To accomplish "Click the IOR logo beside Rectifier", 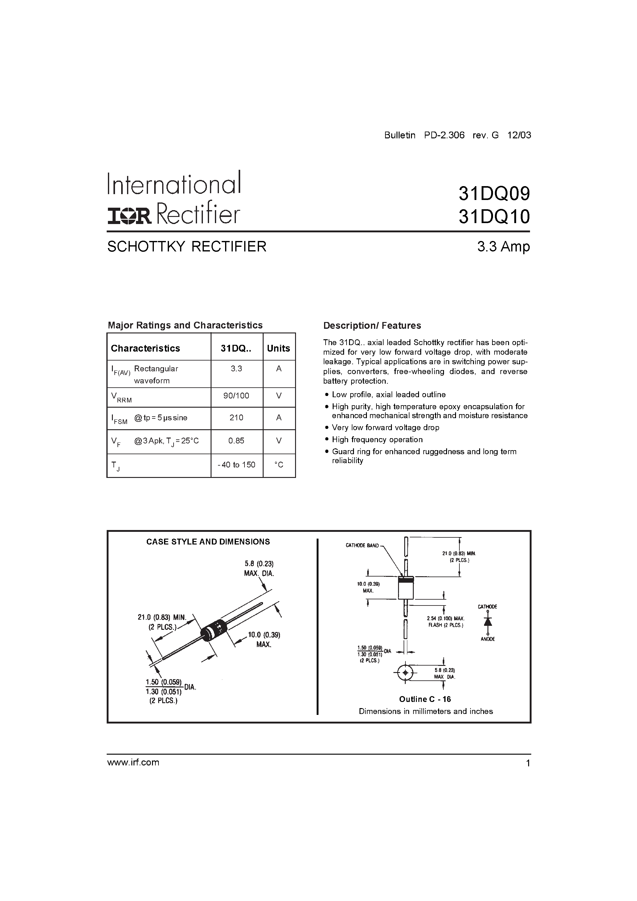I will pos(129,216).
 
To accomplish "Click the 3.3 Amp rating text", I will pos(503,247).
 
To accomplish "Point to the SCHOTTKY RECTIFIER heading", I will pos(187,247).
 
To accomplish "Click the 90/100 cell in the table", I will pos(236,396).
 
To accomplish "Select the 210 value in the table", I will pos(236,418).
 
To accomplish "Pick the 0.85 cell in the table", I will pos(236,441).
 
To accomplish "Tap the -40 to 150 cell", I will pos(236,465).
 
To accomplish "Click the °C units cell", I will pos(279,465).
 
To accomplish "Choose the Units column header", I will pos(278,348).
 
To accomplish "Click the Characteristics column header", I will pos(145,348).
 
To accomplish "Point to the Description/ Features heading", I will pos(372,325).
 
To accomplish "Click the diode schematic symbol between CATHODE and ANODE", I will pos(488,622).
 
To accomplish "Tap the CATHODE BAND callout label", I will pos(362,545).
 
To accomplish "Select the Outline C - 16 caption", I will pos(425,699).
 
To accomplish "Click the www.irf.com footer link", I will pos(133,762).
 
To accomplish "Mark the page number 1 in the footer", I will pos(528,763).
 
